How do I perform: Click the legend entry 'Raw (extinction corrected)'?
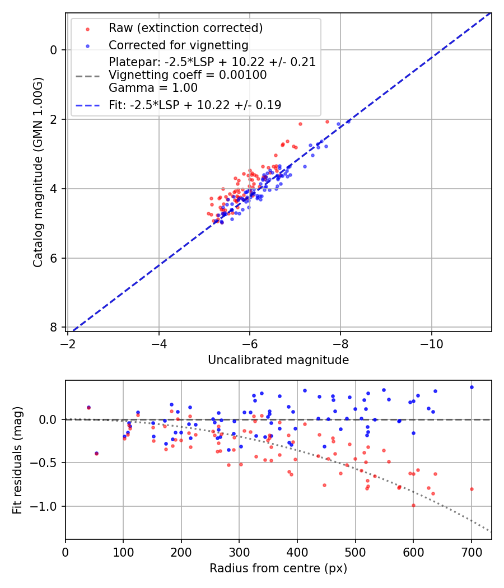185,28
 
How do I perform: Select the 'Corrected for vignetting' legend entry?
178,45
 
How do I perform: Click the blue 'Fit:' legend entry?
195,105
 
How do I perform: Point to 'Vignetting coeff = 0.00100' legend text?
188,75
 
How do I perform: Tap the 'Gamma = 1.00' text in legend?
153,88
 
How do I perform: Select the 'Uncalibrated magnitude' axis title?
278,360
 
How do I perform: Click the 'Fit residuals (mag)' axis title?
17,460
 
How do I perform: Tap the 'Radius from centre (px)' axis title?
278,568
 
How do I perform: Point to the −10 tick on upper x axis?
431,341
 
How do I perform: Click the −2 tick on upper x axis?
68,341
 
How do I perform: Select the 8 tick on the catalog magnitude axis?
54,327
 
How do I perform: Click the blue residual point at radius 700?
472,387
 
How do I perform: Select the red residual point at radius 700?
472,489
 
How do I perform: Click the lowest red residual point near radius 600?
413,505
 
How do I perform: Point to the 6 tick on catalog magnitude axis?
54,258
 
